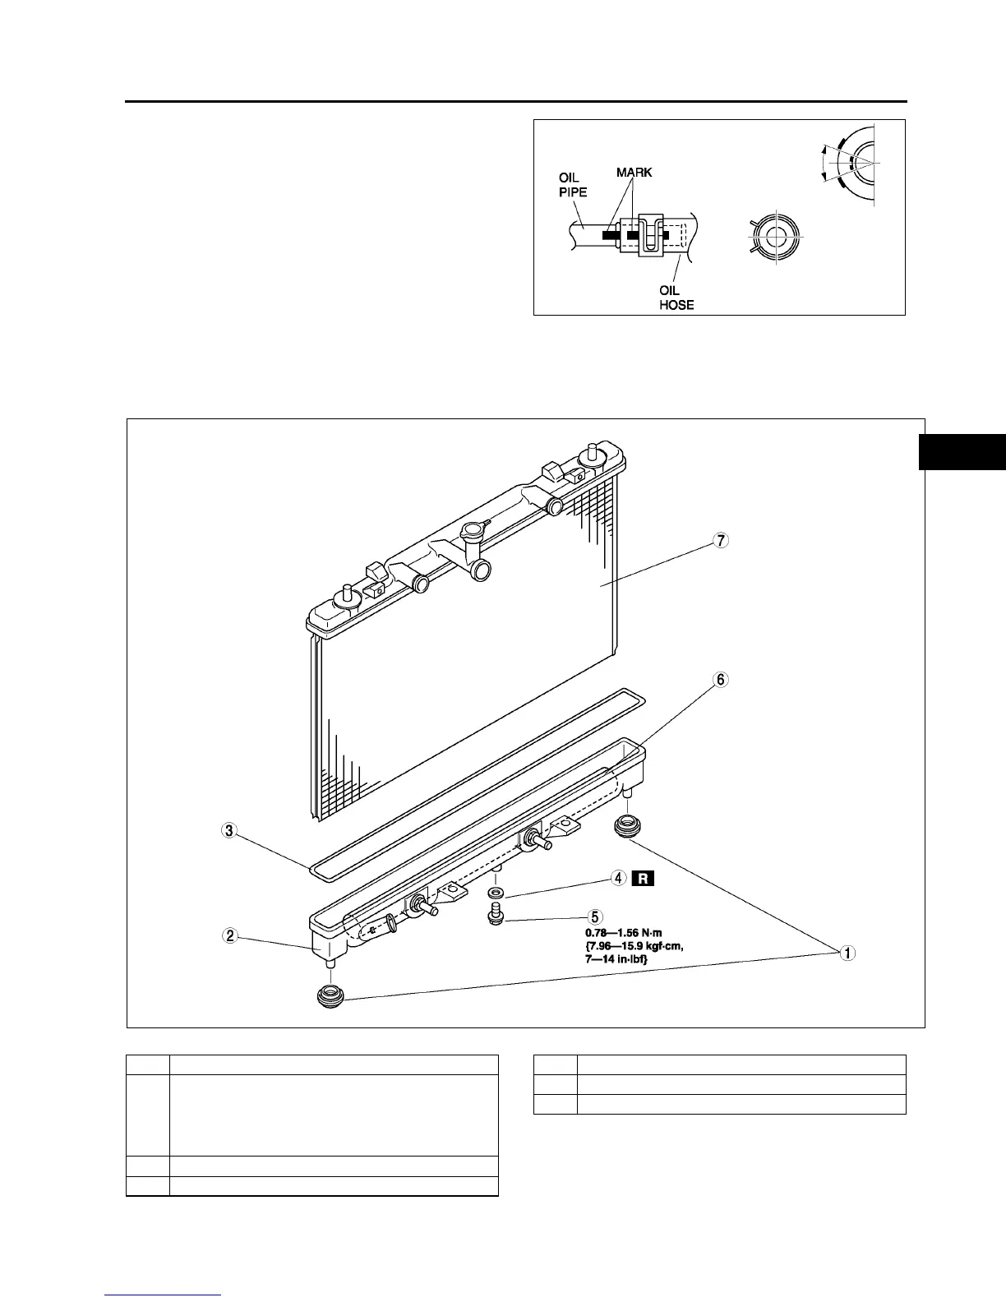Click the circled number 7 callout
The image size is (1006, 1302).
[x=721, y=541]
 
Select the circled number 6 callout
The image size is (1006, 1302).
[x=721, y=680]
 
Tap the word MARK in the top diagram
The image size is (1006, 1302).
[x=635, y=173]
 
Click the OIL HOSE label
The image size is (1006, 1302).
[x=677, y=298]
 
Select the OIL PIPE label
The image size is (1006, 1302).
[x=572, y=185]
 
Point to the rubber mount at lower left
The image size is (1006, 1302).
[x=330, y=996]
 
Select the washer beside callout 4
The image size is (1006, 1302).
[x=496, y=893]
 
